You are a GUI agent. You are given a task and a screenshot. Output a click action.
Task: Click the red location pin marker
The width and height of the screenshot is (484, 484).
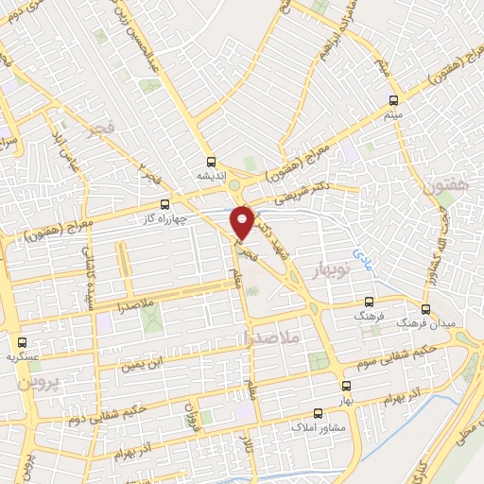[243, 221]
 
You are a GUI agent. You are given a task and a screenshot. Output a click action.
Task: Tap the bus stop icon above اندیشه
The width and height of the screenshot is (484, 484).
[211, 162]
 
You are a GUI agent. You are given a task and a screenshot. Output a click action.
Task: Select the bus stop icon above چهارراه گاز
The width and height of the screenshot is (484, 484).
[165, 203]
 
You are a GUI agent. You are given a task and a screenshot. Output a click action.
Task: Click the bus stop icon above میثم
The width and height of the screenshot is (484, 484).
[393, 99]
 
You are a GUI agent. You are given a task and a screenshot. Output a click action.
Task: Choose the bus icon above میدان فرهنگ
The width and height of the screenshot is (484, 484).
[424, 308]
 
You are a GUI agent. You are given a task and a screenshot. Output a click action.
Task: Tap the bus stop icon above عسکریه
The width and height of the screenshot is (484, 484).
[22, 341]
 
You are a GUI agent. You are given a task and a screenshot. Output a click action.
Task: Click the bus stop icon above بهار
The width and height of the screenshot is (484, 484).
[346, 385]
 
